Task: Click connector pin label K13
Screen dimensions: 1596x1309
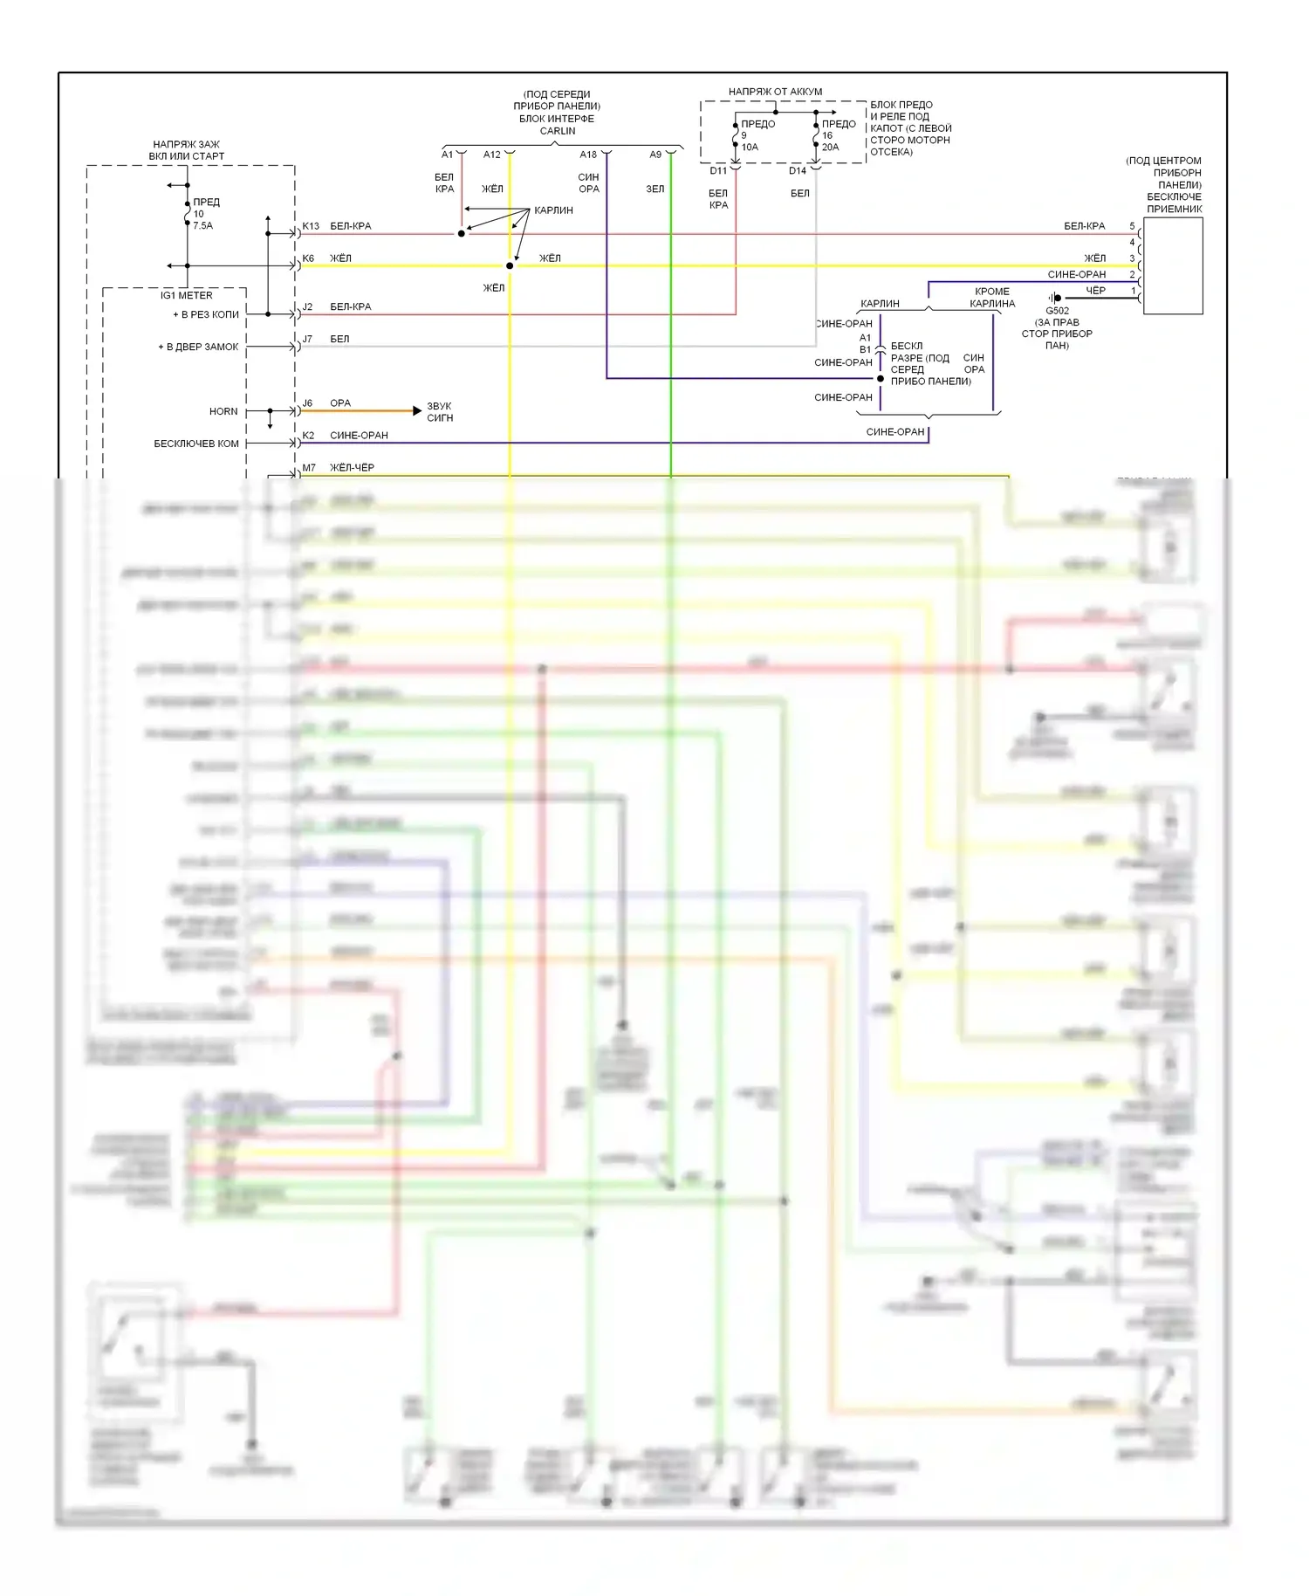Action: tap(311, 226)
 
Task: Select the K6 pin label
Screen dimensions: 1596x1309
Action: tap(308, 258)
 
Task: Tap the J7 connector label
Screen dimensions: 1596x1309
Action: tap(307, 339)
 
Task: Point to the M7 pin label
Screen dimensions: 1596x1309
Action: tap(309, 468)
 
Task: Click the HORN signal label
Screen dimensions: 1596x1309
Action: tap(223, 411)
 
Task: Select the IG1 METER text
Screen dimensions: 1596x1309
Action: tap(187, 296)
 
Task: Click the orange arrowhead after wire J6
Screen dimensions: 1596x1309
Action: tap(417, 410)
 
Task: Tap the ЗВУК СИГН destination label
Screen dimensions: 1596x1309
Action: tap(440, 412)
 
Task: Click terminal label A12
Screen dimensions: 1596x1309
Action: tap(492, 155)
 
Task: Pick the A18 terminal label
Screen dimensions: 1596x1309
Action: tap(588, 155)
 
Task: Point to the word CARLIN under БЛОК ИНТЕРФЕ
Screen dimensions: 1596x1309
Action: tap(558, 131)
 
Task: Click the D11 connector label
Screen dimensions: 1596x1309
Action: tap(717, 171)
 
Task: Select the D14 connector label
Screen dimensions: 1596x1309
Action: tap(798, 171)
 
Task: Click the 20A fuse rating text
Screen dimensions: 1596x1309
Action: tap(830, 148)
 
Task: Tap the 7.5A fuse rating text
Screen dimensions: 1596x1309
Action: tap(202, 225)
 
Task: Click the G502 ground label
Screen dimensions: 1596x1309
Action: tap(1057, 311)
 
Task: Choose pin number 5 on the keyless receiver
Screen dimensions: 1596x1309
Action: tap(1133, 226)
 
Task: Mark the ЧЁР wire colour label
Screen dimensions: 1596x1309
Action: tap(1095, 291)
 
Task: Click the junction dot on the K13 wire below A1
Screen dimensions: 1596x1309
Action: tap(462, 234)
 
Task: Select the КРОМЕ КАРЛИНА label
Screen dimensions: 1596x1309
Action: tap(992, 298)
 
